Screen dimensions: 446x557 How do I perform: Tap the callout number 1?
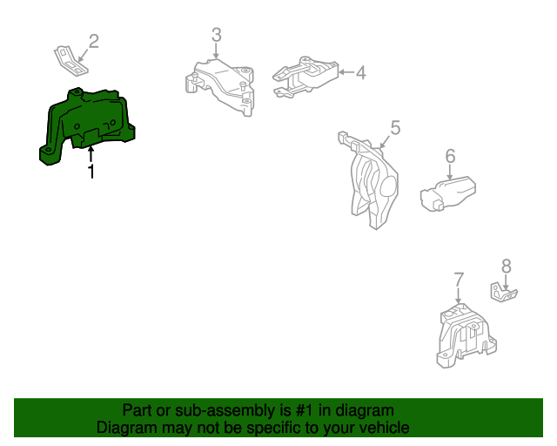(91, 172)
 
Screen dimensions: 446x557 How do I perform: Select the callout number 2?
(93, 40)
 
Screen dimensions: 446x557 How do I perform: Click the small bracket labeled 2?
(68, 59)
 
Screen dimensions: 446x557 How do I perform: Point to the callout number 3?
(216, 35)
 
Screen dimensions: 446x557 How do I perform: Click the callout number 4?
(359, 73)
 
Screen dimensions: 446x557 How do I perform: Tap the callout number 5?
(394, 128)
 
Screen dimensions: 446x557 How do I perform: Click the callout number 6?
(450, 156)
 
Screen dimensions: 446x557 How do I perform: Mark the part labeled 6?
(447, 193)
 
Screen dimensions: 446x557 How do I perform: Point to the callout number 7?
(459, 280)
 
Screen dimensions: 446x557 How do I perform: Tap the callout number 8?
(506, 267)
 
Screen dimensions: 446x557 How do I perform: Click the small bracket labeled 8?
(503, 294)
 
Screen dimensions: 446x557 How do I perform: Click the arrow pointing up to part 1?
(91, 155)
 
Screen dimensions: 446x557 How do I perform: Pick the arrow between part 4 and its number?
(345, 73)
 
